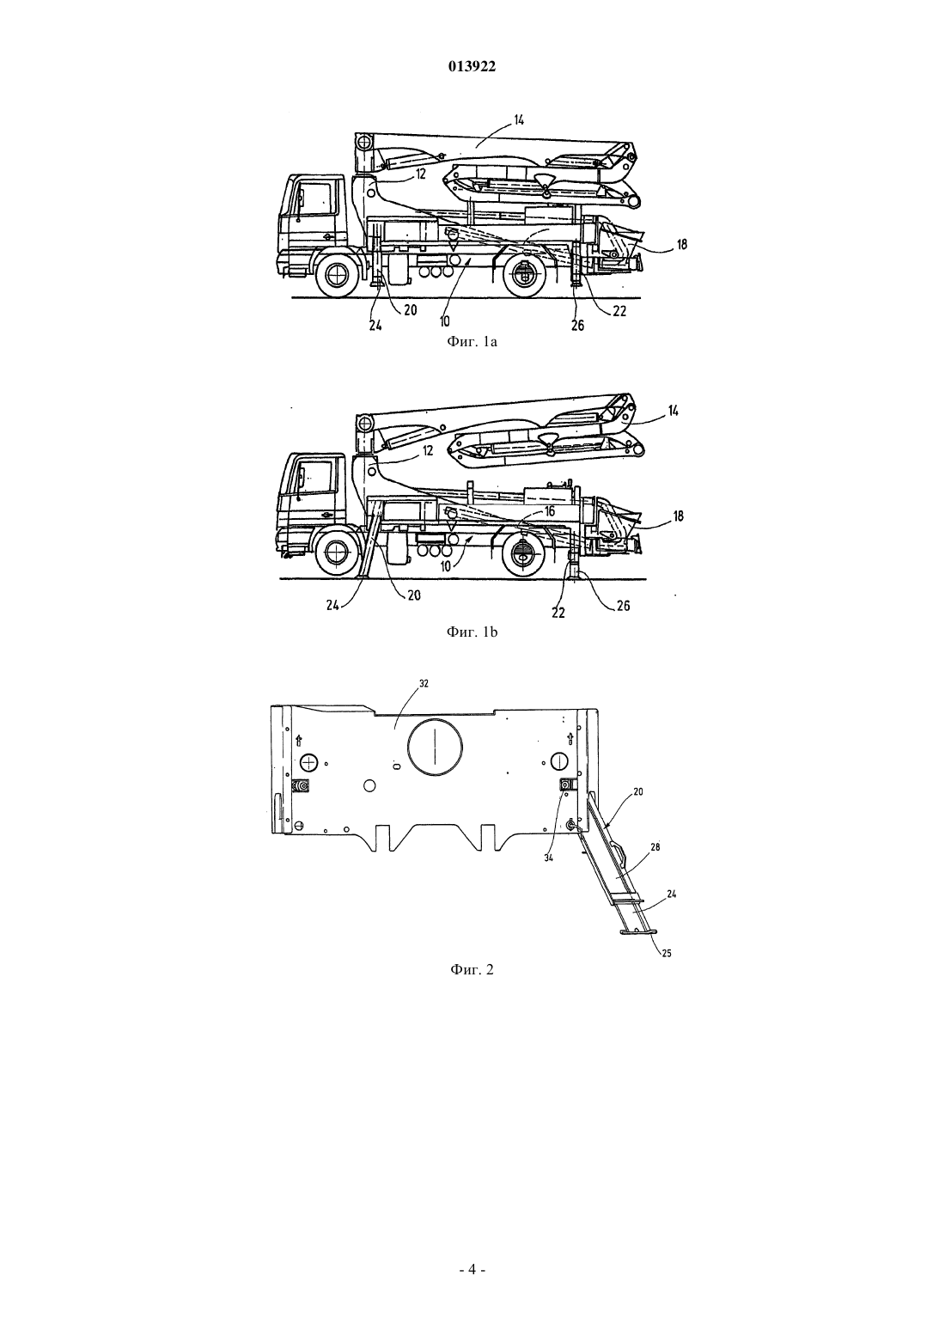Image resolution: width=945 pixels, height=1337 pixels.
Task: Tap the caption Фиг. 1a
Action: [472, 342]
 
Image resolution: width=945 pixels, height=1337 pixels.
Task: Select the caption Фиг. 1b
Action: [472, 632]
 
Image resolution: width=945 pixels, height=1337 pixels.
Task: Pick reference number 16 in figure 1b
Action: [550, 511]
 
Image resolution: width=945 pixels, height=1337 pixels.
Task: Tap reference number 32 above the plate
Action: [424, 683]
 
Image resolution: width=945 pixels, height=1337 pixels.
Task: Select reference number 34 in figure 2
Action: [549, 858]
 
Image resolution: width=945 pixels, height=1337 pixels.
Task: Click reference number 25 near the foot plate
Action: [667, 954]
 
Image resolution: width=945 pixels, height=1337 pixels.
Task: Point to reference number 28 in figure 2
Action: [655, 847]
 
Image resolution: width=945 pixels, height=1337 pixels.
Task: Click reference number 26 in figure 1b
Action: [623, 606]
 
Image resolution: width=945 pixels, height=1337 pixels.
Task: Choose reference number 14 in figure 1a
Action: [518, 120]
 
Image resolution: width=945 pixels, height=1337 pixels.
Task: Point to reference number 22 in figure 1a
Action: [619, 311]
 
